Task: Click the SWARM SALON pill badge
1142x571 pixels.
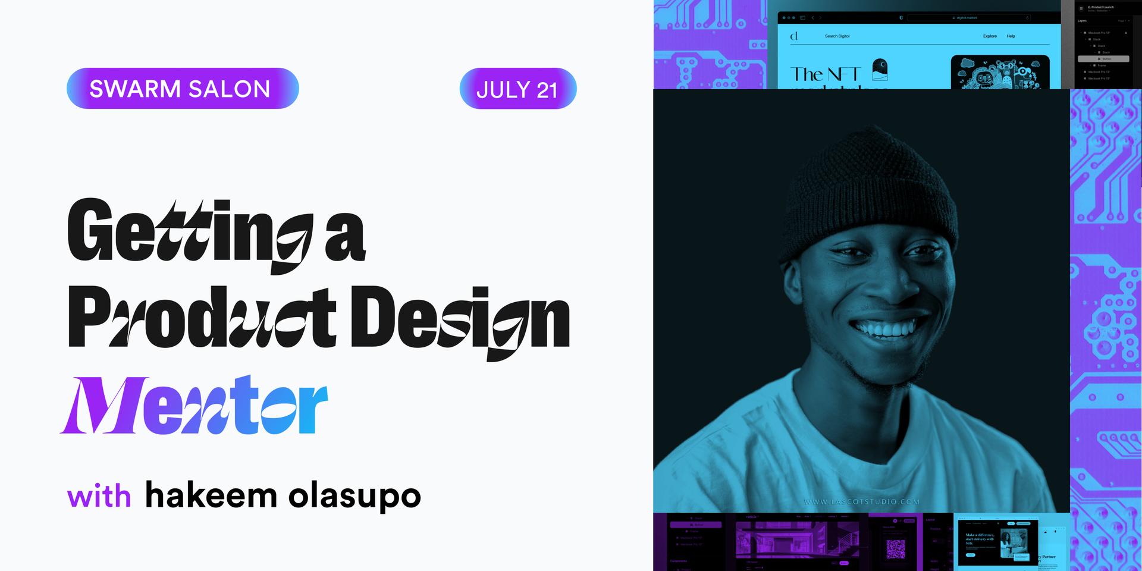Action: (x=182, y=89)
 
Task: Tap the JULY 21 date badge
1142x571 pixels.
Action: (x=517, y=89)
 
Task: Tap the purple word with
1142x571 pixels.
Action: (x=99, y=496)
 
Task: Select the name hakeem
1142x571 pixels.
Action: (x=211, y=495)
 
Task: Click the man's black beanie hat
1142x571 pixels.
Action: (x=868, y=196)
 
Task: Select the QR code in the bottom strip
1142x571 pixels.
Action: (x=895, y=548)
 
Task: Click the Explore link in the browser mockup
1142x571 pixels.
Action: (x=990, y=36)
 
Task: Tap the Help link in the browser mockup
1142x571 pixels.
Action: (x=1011, y=36)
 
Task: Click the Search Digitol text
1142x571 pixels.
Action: (x=837, y=36)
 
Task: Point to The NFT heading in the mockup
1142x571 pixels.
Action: (x=825, y=74)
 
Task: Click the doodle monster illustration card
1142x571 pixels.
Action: (x=999, y=73)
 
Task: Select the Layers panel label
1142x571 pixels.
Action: (x=1083, y=21)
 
